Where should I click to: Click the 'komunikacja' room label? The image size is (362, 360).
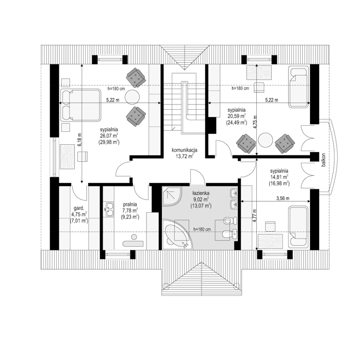tap(184, 150)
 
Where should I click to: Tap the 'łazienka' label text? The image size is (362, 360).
tap(201, 193)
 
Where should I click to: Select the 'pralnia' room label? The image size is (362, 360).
tap(130, 204)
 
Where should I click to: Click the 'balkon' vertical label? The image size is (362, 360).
tap(323, 160)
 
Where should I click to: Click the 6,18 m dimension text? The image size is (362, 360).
tap(79, 140)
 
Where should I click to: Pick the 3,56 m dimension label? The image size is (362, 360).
tap(283, 198)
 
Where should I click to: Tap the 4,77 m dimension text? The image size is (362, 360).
tap(254, 216)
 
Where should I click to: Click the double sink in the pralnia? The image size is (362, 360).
tap(109, 209)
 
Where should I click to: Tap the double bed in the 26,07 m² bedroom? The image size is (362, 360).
tap(80, 105)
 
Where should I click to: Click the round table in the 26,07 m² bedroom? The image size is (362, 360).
tap(133, 97)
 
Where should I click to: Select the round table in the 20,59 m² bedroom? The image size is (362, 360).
tap(266, 140)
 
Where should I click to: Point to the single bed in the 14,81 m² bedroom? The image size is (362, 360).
tap(298, 227)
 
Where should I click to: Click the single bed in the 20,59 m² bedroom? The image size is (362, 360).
tap(299, 87)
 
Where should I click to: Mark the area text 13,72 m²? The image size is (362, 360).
tap(184, 157)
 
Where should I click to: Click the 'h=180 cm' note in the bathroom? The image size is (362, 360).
tap(202, 229)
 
